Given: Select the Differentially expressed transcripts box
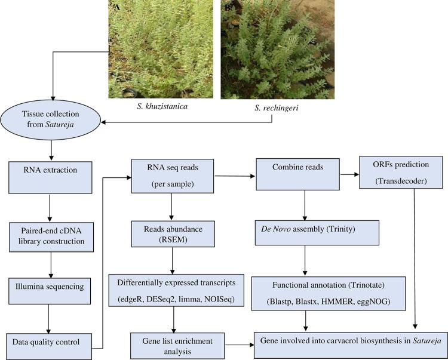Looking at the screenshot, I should (x=184, y=290).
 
